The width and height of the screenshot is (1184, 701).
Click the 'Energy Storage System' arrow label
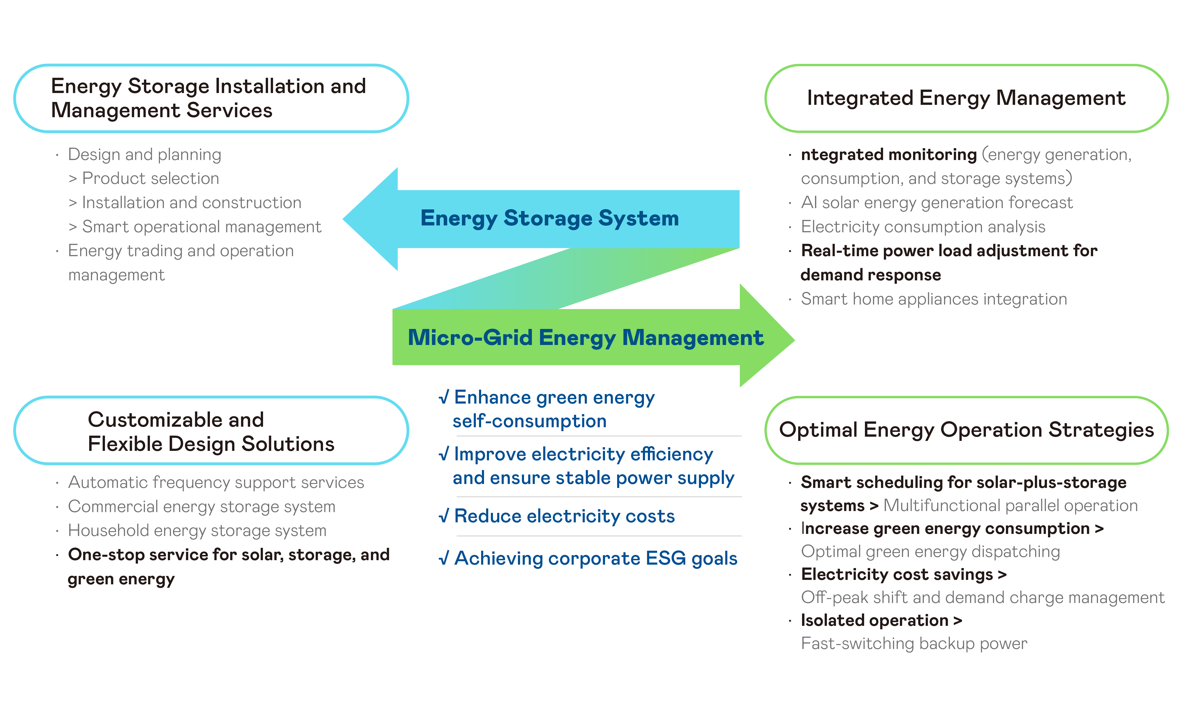tap(550, 218)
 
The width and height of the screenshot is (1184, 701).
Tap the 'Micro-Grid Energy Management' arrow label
tap(585, 338)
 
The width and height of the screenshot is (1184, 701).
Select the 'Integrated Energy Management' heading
tap(966, 98)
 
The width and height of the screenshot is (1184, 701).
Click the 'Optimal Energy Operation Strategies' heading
tap(966, 430)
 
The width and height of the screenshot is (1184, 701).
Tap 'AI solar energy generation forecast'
tap(936, 203)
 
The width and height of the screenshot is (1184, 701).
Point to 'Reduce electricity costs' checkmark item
tap(564, 516)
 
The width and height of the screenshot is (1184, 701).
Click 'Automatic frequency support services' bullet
tap(216, 482)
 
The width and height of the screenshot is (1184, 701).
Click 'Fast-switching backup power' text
tap(914, 643)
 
